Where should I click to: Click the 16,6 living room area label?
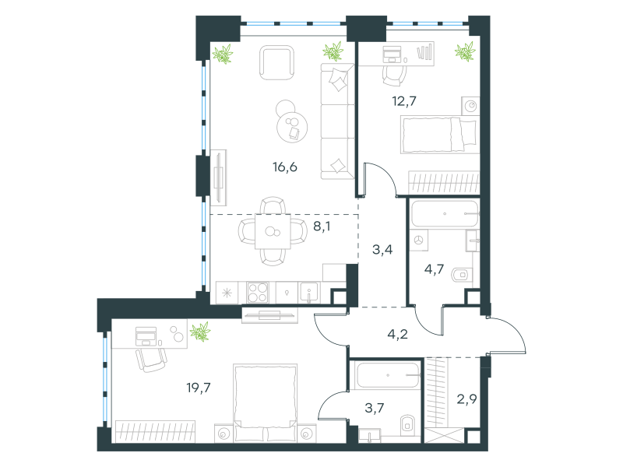(x=285, y=167)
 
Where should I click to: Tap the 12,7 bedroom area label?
(x=404, y=101)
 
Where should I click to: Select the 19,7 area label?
(x=199, y=387)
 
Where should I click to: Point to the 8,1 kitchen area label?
(x=322, y=226)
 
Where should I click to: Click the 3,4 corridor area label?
(x=382, y=249)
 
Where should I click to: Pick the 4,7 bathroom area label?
(x=434, y=269)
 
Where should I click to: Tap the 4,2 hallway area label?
(x=397, y=334)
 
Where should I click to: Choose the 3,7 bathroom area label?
(x=375, y=407)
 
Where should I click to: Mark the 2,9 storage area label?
(x=466, y=399)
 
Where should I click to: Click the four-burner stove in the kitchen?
(x=258, y=293)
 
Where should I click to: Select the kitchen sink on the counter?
(x=308, y=293)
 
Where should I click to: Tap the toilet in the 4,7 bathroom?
(x=462, y=274)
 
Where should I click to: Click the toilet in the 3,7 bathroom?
(x=407, y=425)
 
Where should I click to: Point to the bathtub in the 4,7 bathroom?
(x=445, y=213)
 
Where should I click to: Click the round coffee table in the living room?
(x=292, y=127)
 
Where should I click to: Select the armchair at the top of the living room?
(x=277, y=63)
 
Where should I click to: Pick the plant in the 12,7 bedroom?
(x=465, y=51)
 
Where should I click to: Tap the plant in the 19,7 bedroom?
(x=200, y=332)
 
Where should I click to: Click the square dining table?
(x=273, y=231)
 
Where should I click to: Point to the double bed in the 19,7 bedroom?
(x=266, y=402)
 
